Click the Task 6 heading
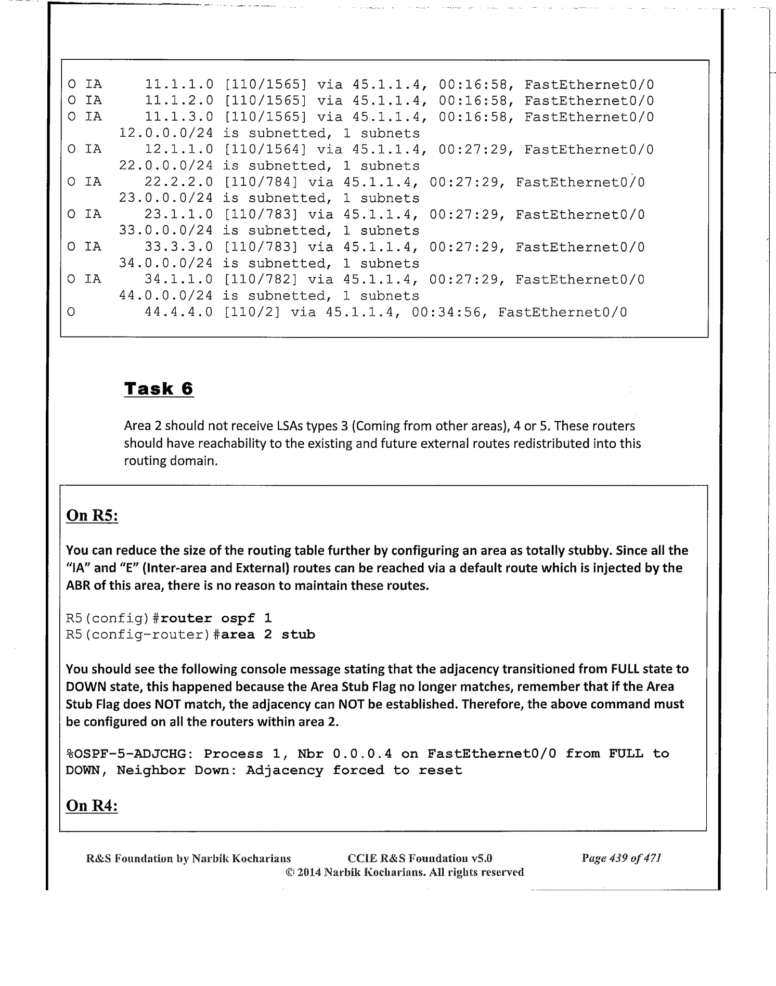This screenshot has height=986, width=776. [159, 389]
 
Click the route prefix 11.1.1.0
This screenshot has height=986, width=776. [178, 84]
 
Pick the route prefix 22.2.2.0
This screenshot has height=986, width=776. [178, 182]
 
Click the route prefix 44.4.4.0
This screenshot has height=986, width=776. [178, 313]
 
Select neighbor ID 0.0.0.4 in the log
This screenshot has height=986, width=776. [362, 754]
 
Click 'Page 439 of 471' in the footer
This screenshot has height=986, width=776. [621, 858]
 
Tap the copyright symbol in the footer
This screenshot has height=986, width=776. [290, 872]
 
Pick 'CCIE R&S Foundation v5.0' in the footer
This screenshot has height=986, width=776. [419, 858]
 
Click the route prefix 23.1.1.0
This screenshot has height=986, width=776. [178, 214]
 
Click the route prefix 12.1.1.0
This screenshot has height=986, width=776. [178, 150]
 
